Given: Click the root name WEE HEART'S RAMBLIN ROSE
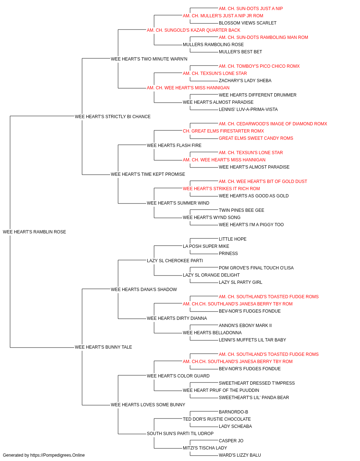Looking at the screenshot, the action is (34, 232).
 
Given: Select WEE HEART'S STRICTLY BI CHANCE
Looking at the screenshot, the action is (113, 116).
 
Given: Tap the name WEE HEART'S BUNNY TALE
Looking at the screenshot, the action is (103, 347).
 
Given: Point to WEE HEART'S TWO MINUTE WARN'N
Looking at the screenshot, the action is (149, 59).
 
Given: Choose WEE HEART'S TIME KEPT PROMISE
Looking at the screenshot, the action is (148, 174).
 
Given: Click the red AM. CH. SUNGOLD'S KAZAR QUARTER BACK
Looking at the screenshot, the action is (193, 30).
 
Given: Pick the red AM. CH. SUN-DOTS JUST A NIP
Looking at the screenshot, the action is (251, 9).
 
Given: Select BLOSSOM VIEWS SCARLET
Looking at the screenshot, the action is (247, 23).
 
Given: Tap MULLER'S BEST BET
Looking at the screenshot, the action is (240, 52).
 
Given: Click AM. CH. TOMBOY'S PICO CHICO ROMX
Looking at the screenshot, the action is (259, 66).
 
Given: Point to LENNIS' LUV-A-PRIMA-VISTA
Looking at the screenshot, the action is (248, 109).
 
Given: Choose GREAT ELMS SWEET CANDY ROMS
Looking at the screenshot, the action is (256, 138).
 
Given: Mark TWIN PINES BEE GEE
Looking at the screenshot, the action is (241, 210).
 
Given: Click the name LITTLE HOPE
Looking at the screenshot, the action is (233, 239).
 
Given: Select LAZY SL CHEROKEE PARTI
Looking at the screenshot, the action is (175, 260).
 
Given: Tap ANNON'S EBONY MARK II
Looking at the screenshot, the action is (245, 325).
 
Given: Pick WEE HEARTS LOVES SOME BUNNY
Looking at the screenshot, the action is (148, 404).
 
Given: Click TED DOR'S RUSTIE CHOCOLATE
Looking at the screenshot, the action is (217, 419).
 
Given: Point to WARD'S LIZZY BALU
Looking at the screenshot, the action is (240, 455).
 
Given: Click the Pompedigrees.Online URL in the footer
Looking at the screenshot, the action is (57, 455).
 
